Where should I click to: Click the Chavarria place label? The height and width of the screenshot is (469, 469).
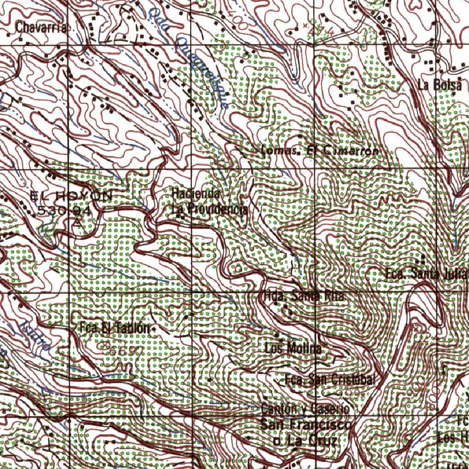point(41,27)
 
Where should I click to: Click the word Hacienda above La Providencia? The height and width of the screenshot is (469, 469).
point(196,194)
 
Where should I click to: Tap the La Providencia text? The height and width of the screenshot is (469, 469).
point(210,209)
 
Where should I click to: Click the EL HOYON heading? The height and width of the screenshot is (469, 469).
point(71,196)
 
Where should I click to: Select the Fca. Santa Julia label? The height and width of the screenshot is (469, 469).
point(426,274)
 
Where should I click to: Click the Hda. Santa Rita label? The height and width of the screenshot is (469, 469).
point(304,296)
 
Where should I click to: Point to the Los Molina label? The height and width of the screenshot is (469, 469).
point(293,348)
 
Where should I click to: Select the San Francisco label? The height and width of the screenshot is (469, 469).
point(306,425)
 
